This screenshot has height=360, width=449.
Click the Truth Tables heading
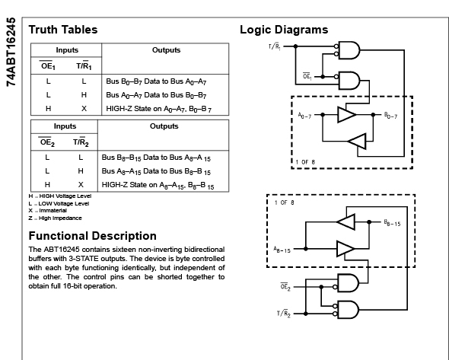63,30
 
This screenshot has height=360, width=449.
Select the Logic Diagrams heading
284,30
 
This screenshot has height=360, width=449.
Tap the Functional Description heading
93,236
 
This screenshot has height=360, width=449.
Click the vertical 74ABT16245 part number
11,52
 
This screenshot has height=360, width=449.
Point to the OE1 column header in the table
48,65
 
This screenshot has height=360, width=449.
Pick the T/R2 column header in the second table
81,142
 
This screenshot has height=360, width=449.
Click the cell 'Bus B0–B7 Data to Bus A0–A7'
156,81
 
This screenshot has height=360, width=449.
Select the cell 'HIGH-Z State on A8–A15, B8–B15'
158,185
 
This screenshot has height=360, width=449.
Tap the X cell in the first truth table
84,109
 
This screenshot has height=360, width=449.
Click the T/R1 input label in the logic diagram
275,46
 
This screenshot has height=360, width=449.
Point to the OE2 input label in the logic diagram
285,286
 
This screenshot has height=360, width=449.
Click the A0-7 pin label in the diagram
304,116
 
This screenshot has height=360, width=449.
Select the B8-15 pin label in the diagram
392,222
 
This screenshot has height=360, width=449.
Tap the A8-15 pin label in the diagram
282,250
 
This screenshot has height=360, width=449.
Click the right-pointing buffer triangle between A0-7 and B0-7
347,115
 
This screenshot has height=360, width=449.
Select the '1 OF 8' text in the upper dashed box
305,162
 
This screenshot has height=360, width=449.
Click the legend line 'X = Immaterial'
47,211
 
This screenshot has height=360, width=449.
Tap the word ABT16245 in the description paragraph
62,250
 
